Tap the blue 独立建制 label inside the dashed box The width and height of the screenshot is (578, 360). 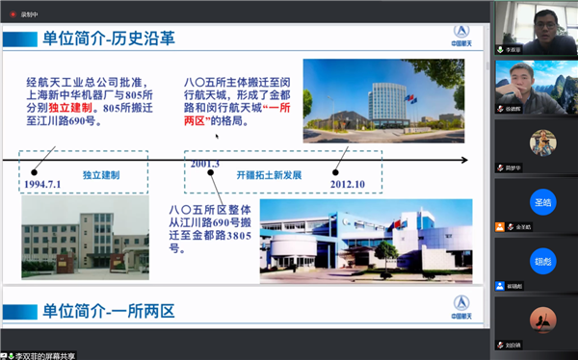tap(100, 176)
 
